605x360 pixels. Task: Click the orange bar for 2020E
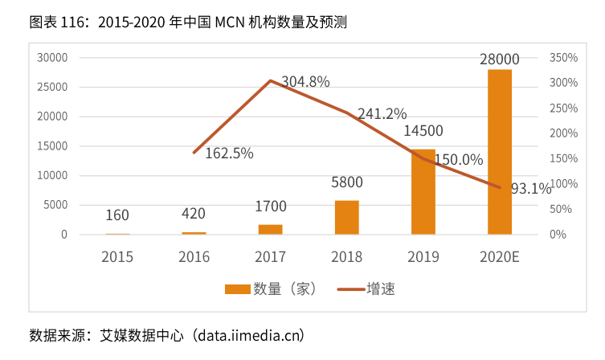[499, 152]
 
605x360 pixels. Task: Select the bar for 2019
[423, 191]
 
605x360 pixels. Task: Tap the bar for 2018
[346, 217]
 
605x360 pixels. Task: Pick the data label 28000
[499, 59]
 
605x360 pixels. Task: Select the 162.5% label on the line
[229, 153]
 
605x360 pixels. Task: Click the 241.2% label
[382, 114]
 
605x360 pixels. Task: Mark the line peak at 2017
[271, 80]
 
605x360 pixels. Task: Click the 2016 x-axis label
[194, 257]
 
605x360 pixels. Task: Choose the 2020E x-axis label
[499, 257]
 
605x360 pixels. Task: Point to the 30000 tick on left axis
[52, 58]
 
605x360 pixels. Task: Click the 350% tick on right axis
[564, 58]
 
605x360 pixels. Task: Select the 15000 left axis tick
[52, 146]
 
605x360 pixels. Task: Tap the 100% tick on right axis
[564, 184]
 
